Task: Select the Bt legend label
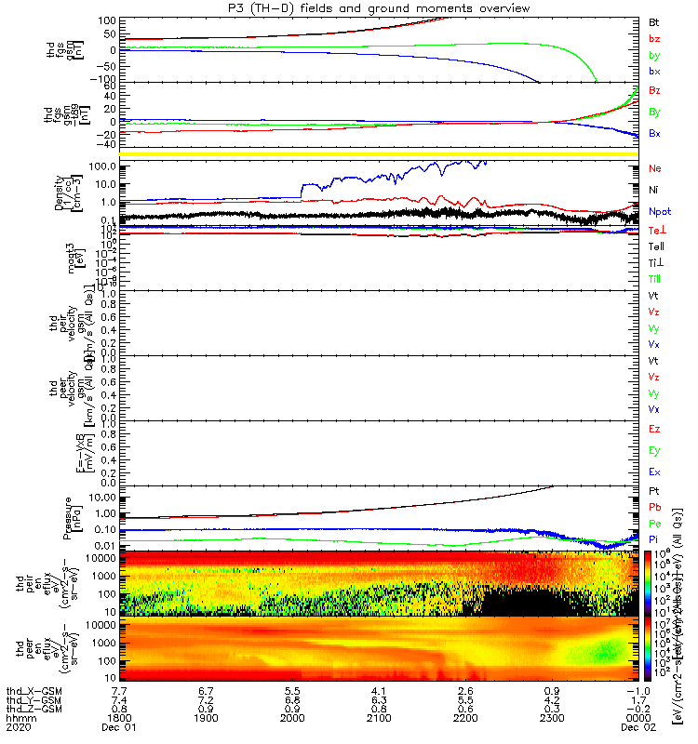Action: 654,20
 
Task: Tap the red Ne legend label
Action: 655,169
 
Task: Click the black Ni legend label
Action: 655,192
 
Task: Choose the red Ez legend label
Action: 655,430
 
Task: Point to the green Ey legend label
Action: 655,451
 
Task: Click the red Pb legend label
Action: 655,507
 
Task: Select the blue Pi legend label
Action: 655,539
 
